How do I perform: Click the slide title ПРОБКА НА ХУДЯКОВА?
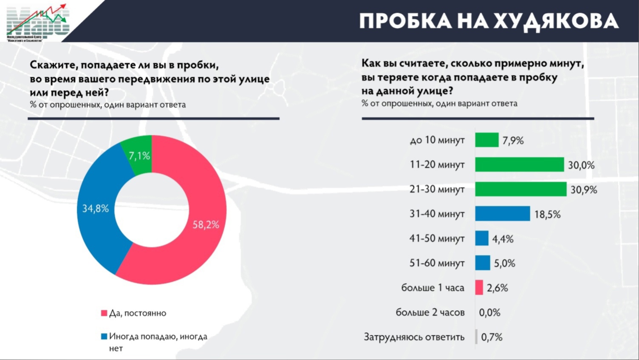click(489, 21)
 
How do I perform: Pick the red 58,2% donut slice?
click(200, 230)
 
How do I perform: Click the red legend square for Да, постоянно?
click(104, 313)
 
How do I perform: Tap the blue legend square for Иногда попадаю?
click(104, 337)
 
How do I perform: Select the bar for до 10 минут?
click(486, 140)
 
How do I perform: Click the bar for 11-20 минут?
click(519, 164)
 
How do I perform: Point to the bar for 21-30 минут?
click(520, 189)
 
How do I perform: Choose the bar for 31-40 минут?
click(502, 214)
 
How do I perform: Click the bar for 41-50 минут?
click(482, 238)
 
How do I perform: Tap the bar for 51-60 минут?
click(483, 263)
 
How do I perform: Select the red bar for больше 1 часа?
click(479, 288)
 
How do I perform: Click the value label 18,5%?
click(547, 215)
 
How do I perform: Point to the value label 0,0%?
click(489, 313)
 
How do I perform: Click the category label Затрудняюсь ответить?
click(414, 337)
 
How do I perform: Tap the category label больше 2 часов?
click(430, 313)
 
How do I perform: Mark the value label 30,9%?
click(583, 190)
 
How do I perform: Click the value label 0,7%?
click(492, 337)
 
